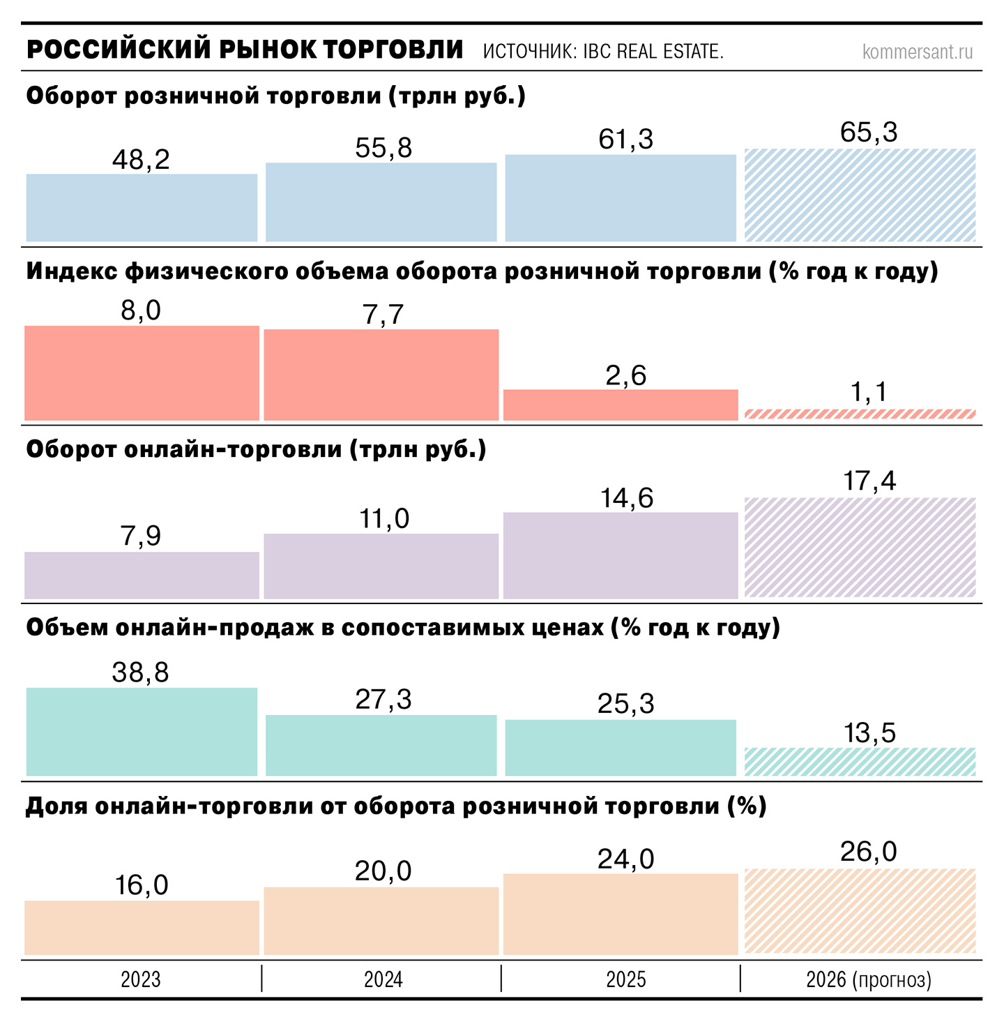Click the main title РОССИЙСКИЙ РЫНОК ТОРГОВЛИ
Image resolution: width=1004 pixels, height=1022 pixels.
244,50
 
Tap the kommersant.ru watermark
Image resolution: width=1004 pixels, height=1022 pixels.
917,52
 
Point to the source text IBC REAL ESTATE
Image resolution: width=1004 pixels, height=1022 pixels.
603,52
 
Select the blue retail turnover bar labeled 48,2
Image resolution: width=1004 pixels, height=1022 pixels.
142,208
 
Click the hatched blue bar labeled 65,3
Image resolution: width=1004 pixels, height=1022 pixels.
860,195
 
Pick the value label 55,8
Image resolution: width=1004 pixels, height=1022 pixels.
383,149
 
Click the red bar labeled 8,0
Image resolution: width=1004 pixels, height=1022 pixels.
142,373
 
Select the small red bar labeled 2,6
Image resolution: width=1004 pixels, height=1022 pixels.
621,405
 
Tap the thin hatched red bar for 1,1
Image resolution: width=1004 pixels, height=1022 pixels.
860,414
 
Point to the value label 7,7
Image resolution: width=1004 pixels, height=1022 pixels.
383,315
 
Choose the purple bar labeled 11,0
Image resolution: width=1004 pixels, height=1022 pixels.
381,566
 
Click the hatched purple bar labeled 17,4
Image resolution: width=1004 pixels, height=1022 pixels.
860,548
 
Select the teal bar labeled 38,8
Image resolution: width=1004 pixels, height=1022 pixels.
142,732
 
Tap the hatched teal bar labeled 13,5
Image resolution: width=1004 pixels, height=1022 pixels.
860,762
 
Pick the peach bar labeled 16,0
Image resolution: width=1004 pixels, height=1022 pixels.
142,928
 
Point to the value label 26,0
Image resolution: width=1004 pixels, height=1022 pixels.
869,852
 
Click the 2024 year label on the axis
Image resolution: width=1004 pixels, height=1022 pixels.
383,979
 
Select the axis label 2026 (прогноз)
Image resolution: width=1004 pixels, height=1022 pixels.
869,979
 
